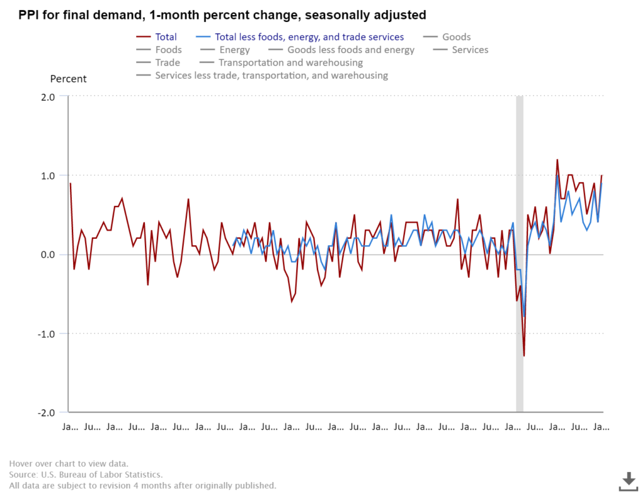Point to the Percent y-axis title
[68, 79]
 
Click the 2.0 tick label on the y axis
[48, 97]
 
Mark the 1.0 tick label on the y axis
[48, 176]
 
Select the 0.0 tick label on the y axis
[48, 255]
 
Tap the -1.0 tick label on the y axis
[46, 333]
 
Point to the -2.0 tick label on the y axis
[46, 413]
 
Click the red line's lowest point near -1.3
[524, 356]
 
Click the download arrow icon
[628, 481]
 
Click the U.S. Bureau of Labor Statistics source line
[86, 475]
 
